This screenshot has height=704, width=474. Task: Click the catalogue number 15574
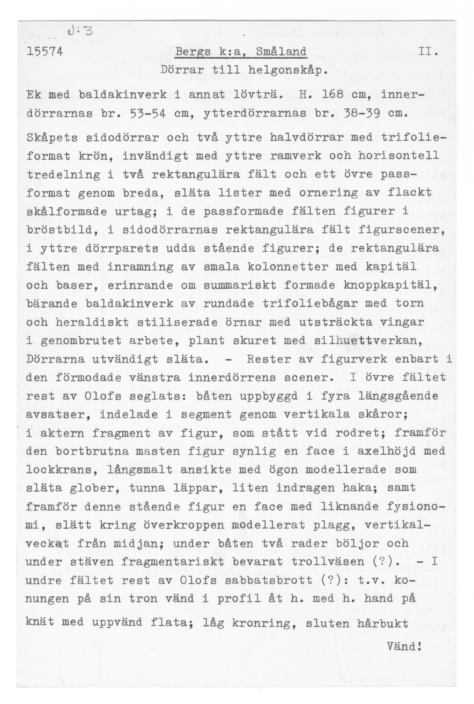(x=45, y=52)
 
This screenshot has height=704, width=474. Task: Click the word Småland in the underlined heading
(x=281, y=52)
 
